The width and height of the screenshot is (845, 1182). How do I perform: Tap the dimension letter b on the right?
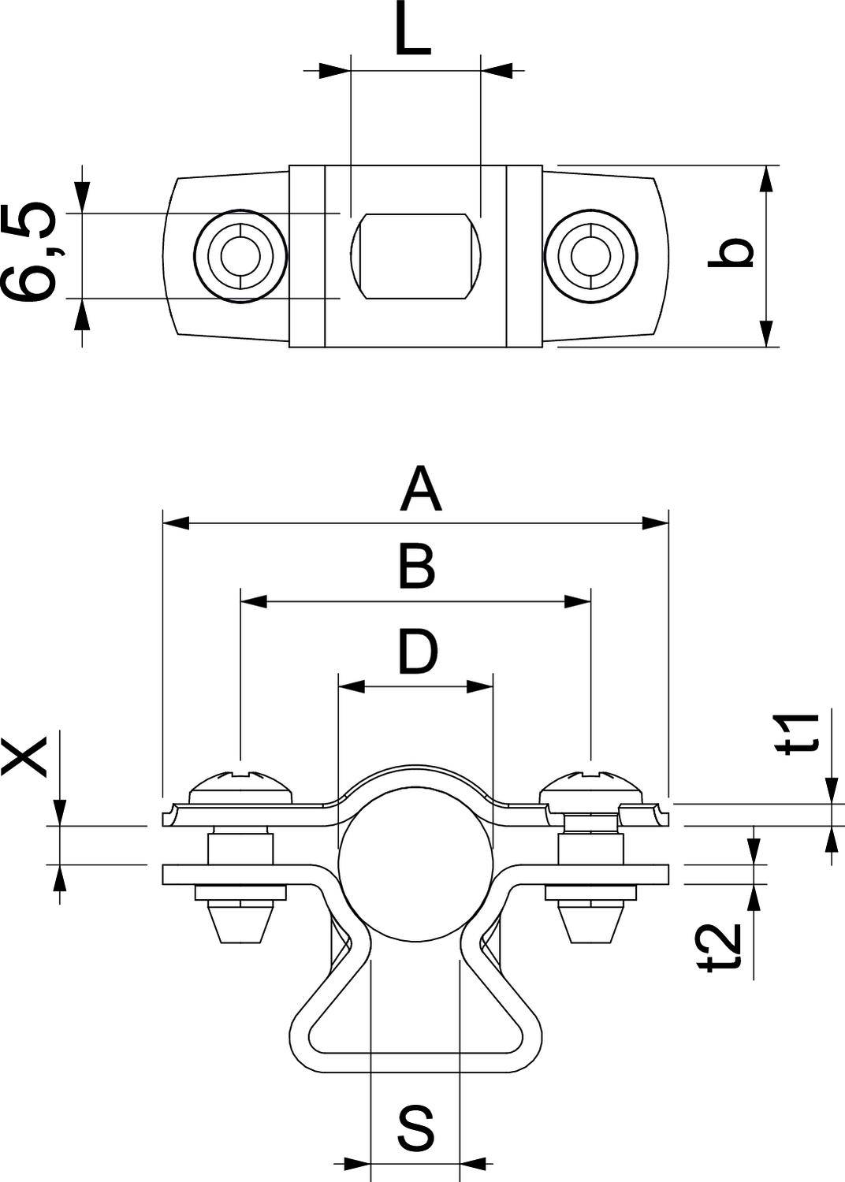point(730,254)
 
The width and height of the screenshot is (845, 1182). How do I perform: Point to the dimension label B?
point(415,567)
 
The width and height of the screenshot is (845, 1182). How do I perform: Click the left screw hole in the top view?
point(240,255)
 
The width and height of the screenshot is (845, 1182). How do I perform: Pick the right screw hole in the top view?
point(590,255)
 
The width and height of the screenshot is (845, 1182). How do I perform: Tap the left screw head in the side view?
point(241,785)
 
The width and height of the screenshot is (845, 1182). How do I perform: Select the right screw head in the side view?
point(590,785)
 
